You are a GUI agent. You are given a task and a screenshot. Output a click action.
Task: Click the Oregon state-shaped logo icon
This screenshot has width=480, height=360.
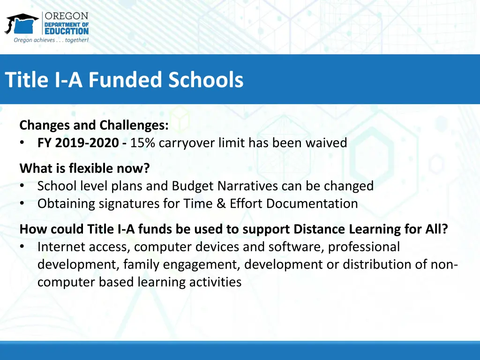tap(22, 24)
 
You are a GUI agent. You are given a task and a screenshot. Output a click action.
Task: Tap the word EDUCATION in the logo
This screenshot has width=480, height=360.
tap(66, 31)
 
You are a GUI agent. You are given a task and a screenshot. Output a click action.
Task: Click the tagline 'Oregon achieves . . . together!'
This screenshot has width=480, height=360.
tap(51, 40)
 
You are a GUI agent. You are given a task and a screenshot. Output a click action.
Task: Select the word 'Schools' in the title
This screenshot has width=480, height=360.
tap(206, 80)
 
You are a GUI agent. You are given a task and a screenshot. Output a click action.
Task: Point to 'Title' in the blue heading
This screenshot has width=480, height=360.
tap(27, 80)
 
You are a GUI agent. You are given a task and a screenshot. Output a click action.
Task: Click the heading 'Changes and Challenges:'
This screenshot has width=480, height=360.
tap(94, 125)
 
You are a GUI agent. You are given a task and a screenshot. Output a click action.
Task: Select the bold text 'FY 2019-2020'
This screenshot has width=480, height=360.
tap(78, 143)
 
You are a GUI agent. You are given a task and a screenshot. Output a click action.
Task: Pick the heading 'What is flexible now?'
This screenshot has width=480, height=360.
tap(84, 168)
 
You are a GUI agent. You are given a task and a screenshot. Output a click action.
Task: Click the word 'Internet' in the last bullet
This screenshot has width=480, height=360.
tap(60, 247)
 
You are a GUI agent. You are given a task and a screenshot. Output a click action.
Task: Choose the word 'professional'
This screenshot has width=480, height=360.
tap(364, 247)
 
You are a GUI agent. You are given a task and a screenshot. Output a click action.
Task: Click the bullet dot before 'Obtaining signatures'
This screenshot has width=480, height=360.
tap(22, 204)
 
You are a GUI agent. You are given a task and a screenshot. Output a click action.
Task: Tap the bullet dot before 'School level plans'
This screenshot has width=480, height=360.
tap(22, 186)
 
